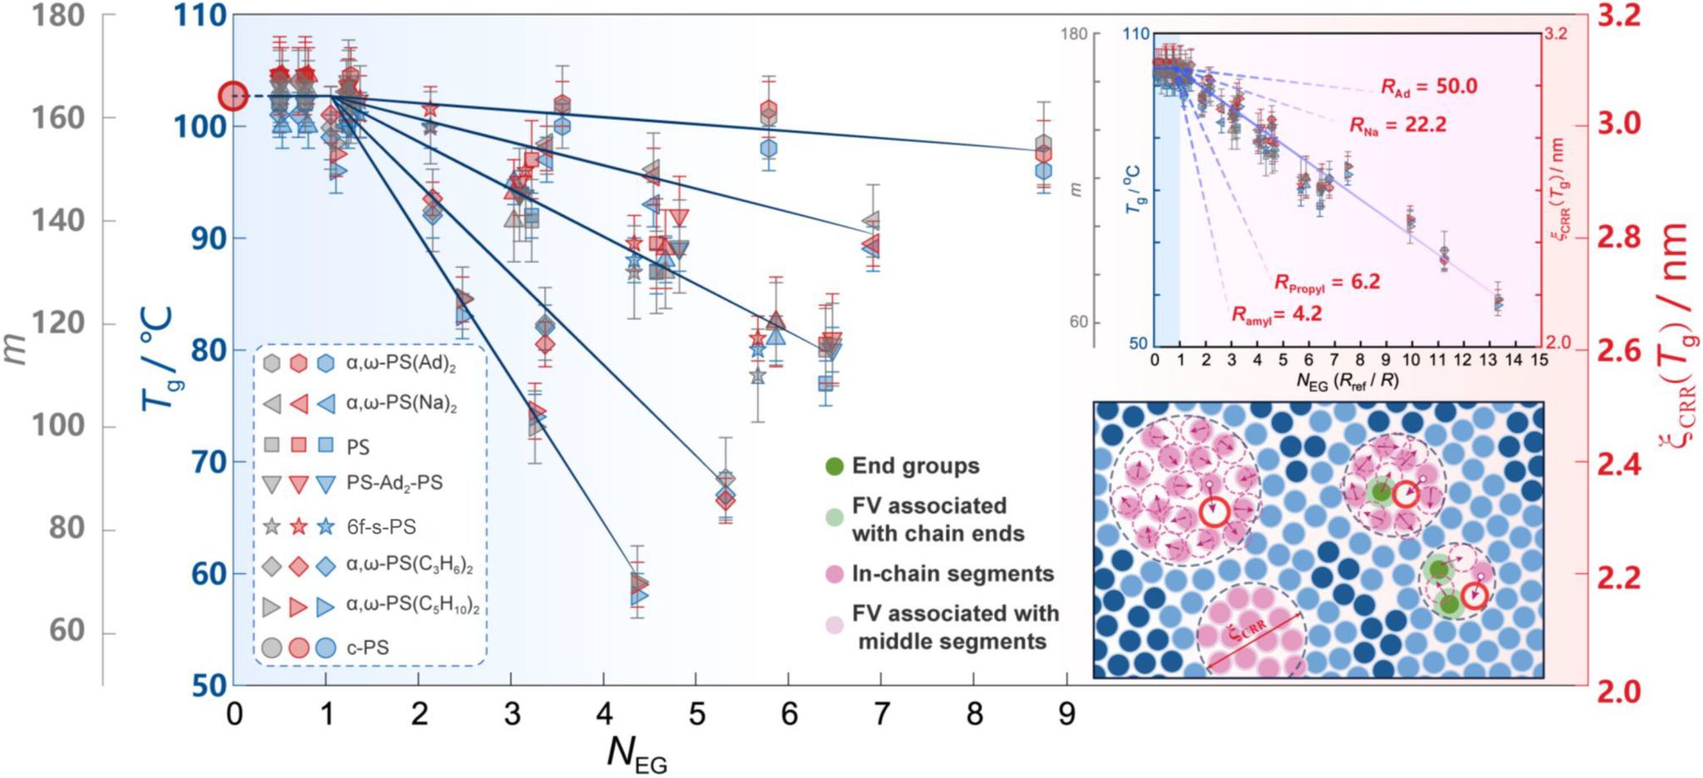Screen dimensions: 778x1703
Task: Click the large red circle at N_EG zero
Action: (233, 97)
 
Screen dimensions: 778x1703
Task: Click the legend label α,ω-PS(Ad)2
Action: (401, 364)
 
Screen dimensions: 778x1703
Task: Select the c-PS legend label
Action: (368, 647)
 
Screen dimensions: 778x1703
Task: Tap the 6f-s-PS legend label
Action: (381, 527)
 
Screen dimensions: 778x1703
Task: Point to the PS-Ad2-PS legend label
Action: (394, 483)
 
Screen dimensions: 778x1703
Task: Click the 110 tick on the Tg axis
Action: (200, 15)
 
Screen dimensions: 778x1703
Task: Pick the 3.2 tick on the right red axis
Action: (1618, 15)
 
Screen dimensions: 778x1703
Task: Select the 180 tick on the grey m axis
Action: (58, 15)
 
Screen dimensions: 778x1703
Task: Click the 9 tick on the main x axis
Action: (1067, 713)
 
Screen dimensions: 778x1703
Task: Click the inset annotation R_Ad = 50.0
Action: (1429, 87)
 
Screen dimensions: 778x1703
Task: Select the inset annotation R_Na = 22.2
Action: (1398, 126)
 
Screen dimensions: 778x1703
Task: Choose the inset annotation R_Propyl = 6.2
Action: (1327, 283)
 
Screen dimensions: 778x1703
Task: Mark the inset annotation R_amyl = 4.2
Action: (1276, 315)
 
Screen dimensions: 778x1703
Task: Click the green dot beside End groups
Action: (835, 466)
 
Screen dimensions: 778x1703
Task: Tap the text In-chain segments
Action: (953, 573)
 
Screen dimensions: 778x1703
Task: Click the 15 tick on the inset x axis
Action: (1539, 359)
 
